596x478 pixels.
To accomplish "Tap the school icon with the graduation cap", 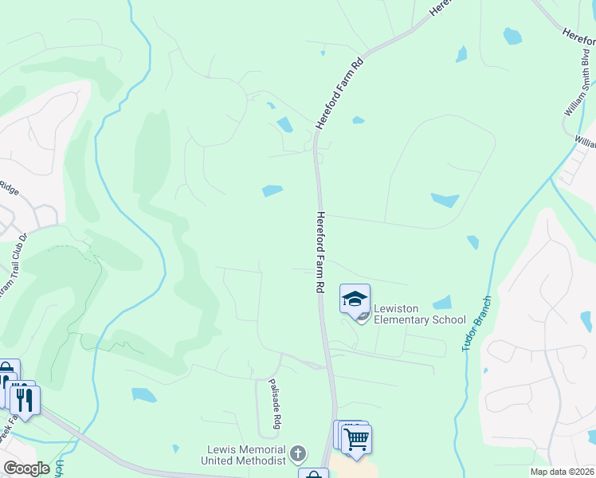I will coord(355,299).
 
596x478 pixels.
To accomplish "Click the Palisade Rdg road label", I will coord(273,403).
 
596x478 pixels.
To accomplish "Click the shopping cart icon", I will coord(356,437).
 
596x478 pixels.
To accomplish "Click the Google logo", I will coord(26,468).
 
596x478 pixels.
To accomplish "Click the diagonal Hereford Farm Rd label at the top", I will coord(339,94).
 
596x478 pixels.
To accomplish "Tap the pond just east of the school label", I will coord(442,303).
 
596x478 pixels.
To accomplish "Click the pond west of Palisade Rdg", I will coord(144,394).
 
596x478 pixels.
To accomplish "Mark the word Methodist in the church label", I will coord(260,461).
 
